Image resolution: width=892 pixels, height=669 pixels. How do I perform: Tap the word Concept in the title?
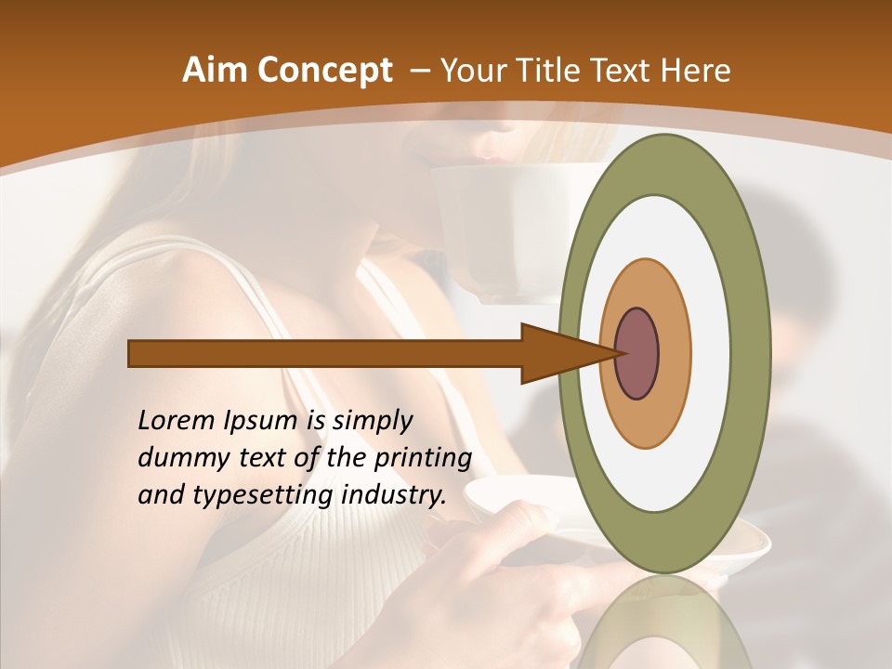click(325, 71)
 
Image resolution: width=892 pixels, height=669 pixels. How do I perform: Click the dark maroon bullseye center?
click(637, 353)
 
